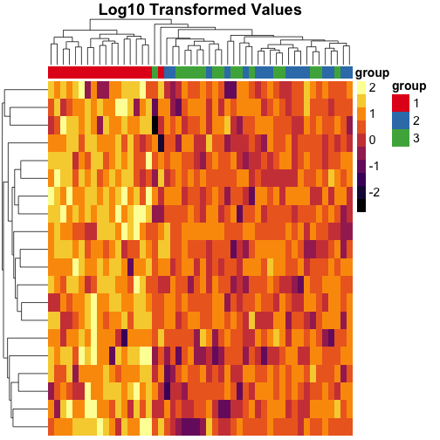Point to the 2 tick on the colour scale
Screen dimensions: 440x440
point(372,88)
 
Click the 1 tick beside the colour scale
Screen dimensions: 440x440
point(372,113)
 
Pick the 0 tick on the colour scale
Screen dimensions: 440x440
point(372,140)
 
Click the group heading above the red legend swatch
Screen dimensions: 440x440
point(409,86)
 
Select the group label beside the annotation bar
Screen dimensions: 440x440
point(372,72)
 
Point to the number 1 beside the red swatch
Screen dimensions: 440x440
point(420,103)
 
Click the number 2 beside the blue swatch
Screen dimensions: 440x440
point(420,120)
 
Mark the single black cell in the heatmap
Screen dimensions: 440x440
point(155,125)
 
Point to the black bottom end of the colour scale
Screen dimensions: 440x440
point(361,204)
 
